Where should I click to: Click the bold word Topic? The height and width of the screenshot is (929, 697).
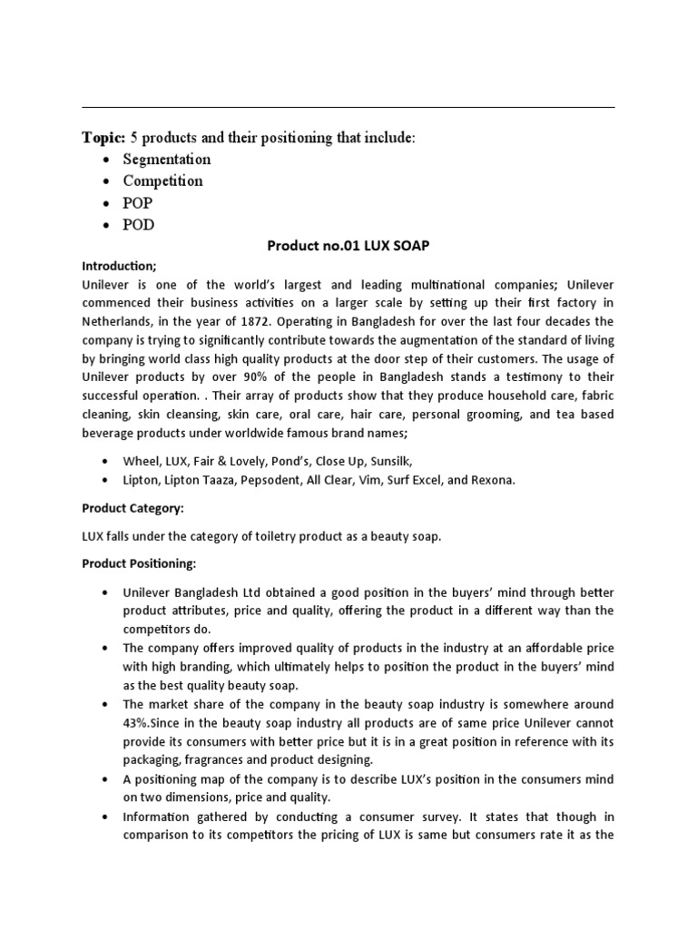pos(103,137)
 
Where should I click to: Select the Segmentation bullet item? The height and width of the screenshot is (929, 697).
pos(167,160)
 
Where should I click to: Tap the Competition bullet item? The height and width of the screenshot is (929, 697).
pos(163,181)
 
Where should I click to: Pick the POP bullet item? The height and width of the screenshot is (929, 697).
pos(139,203)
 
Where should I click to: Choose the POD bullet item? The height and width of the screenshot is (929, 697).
pos(139,225)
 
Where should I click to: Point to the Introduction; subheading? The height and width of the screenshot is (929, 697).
pos(119,266)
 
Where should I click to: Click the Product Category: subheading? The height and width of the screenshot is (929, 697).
pos(133,508)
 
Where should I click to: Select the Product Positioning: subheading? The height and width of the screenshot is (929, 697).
pos(139,563)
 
